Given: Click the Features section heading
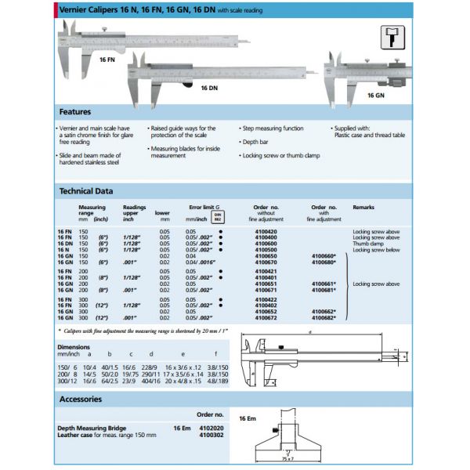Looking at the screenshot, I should point(75,112).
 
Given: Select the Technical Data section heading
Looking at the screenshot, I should point(86,190).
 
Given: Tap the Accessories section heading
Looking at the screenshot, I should point(81,399).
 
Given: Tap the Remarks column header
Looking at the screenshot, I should point(365,208).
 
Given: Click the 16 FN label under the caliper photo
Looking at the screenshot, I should point(107,59).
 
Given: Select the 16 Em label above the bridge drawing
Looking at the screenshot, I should point(247,420).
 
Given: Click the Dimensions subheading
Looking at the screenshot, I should point(74,346).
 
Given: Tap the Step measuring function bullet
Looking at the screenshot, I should point(273,128).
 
